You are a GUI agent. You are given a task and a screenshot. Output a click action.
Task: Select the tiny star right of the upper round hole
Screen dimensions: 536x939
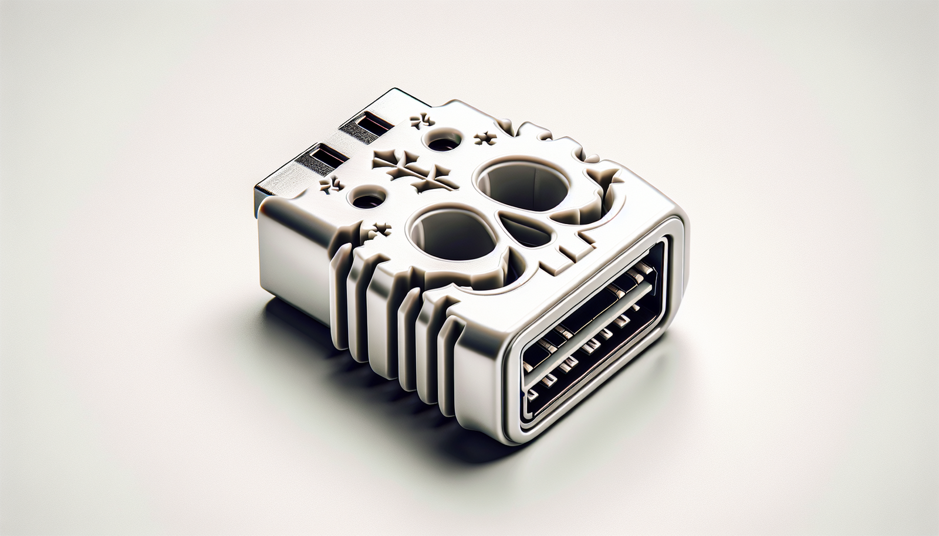(x=485, y=140)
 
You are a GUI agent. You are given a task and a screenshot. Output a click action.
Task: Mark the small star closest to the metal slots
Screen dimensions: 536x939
(x=423, y=121)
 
